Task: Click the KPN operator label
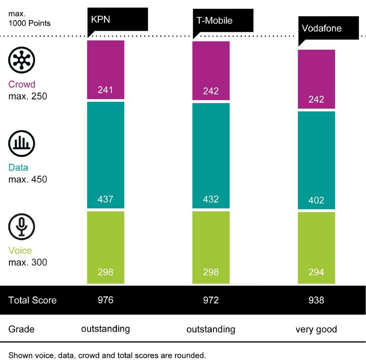click(101, 19)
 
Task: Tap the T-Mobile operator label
click(214, 20)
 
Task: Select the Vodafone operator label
click(321, 28)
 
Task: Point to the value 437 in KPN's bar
click(105, 199)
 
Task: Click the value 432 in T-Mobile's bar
click(211, 199)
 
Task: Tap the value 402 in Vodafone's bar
click(316, 200)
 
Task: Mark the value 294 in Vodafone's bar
click(316, 272)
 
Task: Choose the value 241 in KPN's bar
click(105, 90)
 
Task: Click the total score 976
click(105, 300)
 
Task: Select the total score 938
click(316, 300)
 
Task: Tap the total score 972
click(211, 300)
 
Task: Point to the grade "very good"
click(316, 329)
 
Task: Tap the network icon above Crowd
click(22, 60)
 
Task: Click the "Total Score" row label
click(32, 300)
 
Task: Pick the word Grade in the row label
click(21, 329)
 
